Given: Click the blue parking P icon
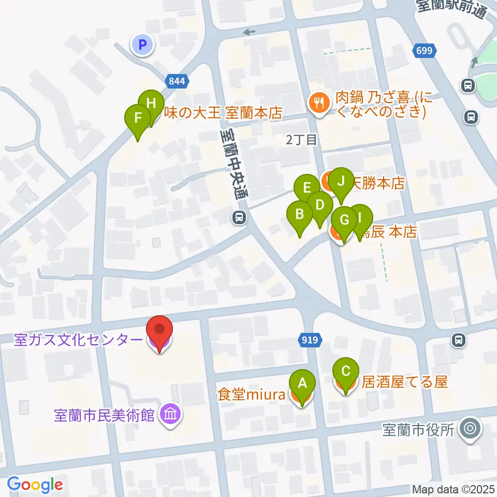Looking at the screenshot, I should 143,45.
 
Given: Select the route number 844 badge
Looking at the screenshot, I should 178,80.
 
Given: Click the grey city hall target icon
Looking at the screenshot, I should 470,429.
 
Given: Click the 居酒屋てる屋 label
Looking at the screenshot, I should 404,383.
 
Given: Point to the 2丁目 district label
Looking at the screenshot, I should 301,138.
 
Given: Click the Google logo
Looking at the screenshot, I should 35,485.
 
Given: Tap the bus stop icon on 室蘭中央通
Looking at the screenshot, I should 239,217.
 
